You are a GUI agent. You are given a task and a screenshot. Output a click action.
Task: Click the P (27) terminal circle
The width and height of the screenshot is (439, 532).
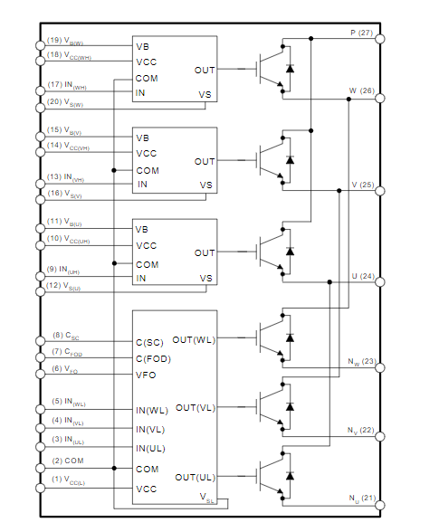tap(380, 39)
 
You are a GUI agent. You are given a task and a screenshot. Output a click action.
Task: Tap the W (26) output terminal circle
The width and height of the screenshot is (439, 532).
tap(380, 99)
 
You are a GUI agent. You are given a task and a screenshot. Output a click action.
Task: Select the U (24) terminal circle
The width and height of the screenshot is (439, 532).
tap(380, 282)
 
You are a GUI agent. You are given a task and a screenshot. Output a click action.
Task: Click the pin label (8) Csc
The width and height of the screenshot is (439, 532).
tap(66, 336)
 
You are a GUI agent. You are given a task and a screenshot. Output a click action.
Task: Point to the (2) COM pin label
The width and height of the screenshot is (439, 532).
tap(68, 461)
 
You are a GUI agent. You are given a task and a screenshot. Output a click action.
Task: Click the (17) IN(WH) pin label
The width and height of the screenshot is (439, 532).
tap(67, 85)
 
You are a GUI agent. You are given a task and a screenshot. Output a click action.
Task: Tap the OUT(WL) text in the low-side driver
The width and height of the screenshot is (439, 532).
tap(194, 339)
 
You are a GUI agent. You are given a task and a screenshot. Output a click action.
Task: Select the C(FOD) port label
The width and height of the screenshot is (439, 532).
tap(153, 358)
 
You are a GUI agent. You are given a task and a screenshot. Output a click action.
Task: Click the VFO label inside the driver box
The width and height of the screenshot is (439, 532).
tap(146, 375)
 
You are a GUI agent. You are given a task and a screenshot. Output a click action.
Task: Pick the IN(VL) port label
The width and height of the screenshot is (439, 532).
tap(150, 430)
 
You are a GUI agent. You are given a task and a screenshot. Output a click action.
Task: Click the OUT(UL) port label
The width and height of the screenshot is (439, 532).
tap(196, 478)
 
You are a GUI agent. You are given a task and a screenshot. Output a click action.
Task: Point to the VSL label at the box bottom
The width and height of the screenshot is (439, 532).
tap(206, 498)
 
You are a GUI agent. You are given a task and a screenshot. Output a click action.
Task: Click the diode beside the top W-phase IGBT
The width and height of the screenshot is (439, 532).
tap(290, 69)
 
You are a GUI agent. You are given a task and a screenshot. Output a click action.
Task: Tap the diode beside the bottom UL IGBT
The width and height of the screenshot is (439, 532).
tap(290, 476)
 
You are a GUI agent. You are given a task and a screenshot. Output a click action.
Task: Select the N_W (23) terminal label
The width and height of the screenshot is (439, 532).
tap(362, 362)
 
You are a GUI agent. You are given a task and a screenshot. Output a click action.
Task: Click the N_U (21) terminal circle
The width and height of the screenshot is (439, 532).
tap(380, 505)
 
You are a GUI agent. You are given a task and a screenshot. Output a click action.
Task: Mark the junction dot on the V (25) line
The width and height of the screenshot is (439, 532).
tap(339, 191)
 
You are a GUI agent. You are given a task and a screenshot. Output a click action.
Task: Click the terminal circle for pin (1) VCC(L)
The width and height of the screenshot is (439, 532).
tap(40, 488)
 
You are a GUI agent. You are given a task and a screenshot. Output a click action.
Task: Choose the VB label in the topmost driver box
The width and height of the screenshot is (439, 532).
tap(143, 46)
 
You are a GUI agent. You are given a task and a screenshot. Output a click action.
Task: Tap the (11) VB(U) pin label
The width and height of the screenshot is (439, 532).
tap(64, 223)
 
